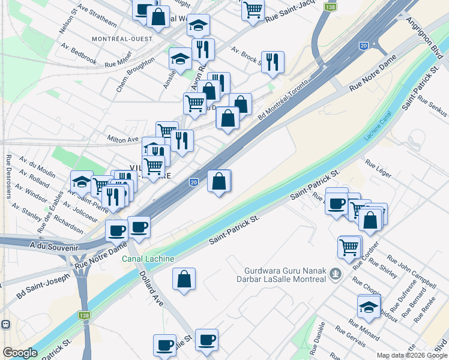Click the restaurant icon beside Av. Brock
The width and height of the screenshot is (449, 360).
point(273,62)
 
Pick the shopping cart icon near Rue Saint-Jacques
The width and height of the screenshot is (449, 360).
point(253,9)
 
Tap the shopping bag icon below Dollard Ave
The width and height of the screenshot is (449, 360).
point(184,280)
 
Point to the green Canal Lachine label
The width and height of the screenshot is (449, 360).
point(148,259)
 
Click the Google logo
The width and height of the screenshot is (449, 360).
point(20,353)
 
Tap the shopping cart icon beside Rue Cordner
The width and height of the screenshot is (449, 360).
point(349,246)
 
